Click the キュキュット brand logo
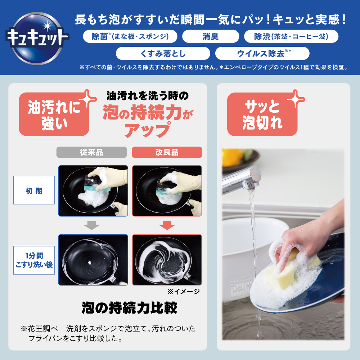point(37,38)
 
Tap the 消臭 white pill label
point(211,36)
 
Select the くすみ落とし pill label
point(163,54)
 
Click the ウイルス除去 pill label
point(262,54)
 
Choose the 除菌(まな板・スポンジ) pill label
point(130,36)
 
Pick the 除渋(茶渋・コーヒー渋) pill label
point(291,36)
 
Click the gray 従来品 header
point(91,152)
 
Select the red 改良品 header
point(167,152)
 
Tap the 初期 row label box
point(34,190)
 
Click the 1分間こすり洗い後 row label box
point(34,260)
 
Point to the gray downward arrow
point(91,225)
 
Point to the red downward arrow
point(167,225)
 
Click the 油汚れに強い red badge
point(54,114)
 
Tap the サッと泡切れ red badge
point(262,114)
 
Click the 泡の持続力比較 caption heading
point(129,308)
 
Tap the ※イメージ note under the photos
point(184,292)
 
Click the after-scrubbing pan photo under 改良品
point(167,260)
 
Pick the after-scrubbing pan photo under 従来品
point(93,260)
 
